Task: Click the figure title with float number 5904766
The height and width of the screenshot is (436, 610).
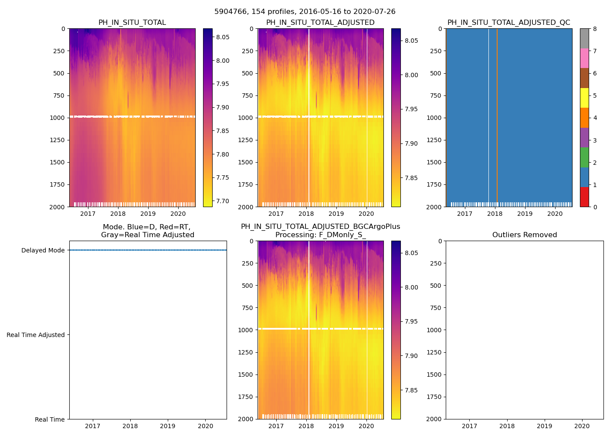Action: click(x=305, y=12)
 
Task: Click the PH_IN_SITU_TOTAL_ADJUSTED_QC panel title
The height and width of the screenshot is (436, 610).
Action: click(x=508, y=23)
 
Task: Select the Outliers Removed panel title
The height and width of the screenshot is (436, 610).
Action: click(x=524, y=235)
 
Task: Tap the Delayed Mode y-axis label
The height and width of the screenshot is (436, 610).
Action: click(x=43, y=250)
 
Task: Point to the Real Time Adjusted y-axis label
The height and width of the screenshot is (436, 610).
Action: click(x=36, y=335)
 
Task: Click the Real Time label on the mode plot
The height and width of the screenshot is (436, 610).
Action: click(x=50, y=419)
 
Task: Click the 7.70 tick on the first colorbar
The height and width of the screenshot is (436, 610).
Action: click(x=223, y=201)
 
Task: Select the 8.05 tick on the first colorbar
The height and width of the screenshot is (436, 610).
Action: click(x=223, y=37)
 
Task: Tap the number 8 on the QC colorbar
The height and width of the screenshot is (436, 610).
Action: click(x=595, y=29)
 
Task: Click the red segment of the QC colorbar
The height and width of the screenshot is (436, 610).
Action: click(x=584, y=197)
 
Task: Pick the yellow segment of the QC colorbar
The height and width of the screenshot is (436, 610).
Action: click(x=584, y=98)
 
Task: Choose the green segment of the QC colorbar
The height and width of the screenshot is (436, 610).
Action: click(x=584, y=157)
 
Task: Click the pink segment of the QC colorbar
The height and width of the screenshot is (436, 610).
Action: click(x=584, y=58)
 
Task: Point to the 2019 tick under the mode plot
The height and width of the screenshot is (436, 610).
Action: click(x=168, y=426)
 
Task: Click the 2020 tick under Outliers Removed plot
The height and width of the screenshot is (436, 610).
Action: click(x=582, y=426)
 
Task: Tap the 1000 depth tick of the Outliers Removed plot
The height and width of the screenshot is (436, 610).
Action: click(x=435, y=330)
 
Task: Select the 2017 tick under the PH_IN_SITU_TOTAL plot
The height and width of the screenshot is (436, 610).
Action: click(x=88, y=214)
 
